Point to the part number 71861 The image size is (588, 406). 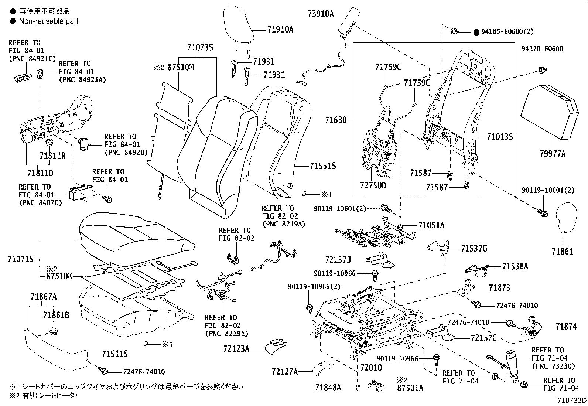tap(562, 252)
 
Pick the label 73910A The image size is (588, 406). tap(321, 14)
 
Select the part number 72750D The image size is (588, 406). tap(373, 185)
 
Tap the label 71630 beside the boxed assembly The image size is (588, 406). tap(336, 120)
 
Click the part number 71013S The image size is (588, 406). tap(500, 137)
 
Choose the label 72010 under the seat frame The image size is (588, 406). tap(371, 368)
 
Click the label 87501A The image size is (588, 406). tap(410, 388)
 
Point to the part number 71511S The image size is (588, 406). tap(114, 354)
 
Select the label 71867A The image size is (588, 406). tap(44, 297)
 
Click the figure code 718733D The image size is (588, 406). tap(572, 401)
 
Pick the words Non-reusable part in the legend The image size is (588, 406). tap(49, 21)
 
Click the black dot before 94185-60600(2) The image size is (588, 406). tap(476, 32)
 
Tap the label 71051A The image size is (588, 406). tap(431, 225)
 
